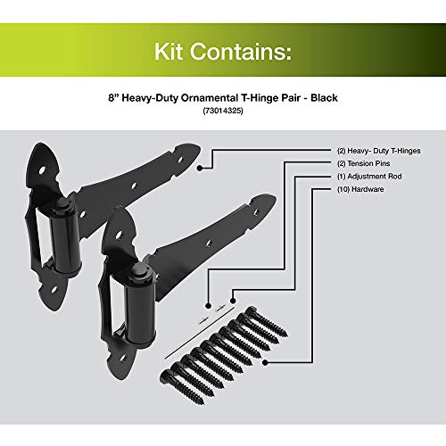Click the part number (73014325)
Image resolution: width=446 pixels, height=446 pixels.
click(x=223, y=113)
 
